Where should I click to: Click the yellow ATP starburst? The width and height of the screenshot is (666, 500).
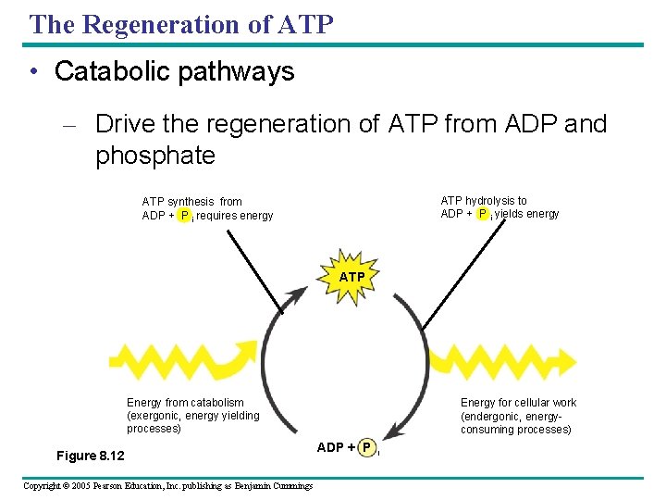pos(351,276)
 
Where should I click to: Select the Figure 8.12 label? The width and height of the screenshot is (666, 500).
pos(91,456)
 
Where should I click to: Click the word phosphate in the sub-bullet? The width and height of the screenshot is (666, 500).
pos(154,156)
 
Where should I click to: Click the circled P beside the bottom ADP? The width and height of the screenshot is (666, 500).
pos(367,448)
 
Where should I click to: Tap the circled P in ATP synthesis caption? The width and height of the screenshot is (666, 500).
pos(184,216)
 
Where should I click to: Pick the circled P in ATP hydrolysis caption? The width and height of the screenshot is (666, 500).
pos(483,214)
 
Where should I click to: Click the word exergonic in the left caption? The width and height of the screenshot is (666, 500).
pos(156,416)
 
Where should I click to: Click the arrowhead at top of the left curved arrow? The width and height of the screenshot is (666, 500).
pos(297,294)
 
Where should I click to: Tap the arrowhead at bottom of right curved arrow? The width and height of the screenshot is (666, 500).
pos(393,431)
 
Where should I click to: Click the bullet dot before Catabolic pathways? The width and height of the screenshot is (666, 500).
pos(34,73)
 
